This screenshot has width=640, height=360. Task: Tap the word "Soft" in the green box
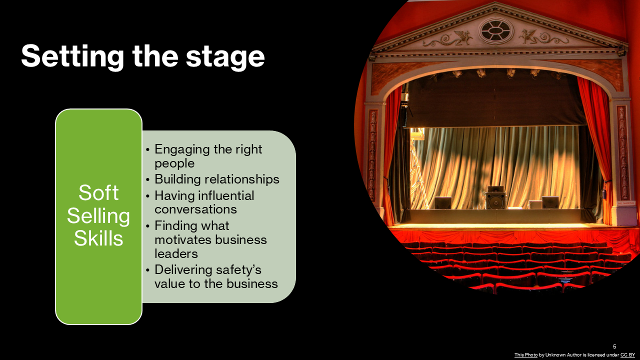pos(98,193)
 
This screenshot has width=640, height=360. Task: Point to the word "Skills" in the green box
pos(98,238)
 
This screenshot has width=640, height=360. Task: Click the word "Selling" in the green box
pos(98,216)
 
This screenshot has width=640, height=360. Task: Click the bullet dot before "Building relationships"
pos(148,180)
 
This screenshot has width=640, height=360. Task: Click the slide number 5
pos(614,346)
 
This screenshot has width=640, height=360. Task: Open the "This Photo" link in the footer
pos(526,355)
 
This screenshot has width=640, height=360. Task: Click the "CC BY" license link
pos(627,355)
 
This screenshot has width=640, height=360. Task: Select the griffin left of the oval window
pos(460,36)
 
